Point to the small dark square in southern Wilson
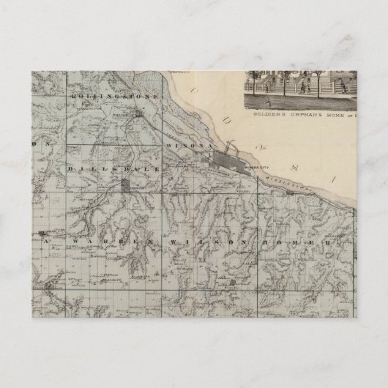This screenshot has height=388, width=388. [x=233, y=281]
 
